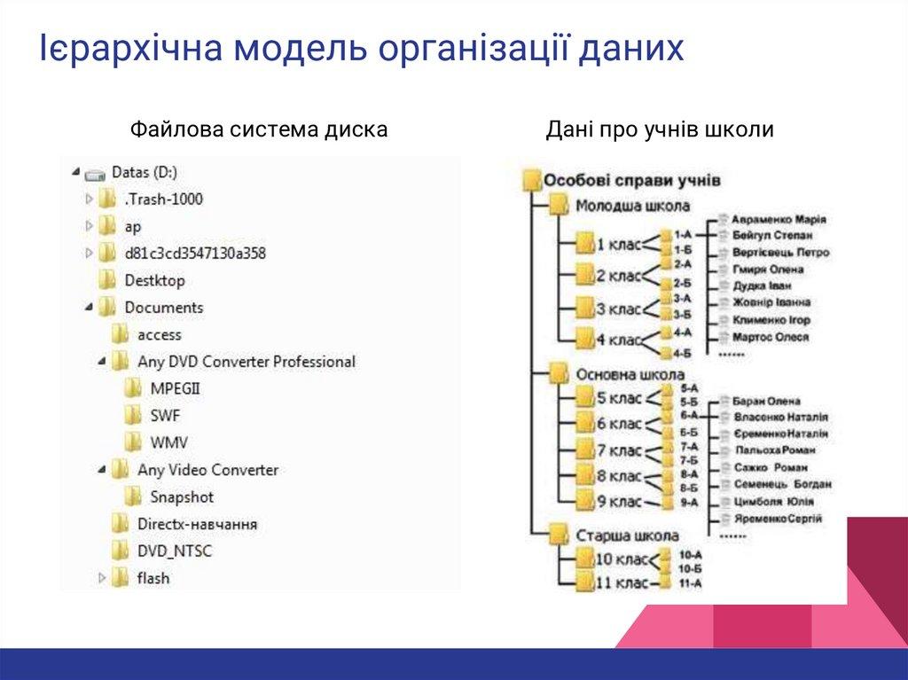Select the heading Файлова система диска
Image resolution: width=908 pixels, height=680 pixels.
coord(259,130)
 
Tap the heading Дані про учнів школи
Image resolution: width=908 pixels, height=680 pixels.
coord(660,130)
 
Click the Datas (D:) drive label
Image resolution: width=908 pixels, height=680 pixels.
coord(144,172)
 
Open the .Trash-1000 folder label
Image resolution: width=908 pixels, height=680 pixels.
coord(163,199)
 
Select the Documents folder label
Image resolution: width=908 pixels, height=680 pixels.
coord(163,308)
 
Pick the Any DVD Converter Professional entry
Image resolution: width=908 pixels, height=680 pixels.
coord(246,362)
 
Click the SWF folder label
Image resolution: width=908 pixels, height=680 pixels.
coord(165,416)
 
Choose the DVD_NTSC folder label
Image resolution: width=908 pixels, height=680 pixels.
coord(174,551)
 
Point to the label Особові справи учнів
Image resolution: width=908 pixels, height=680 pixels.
coord(632,180)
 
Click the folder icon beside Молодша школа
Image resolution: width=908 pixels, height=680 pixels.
coord(559,206)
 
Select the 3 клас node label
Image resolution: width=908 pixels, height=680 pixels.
coord(619,309)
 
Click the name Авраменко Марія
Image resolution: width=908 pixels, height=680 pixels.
coord(779,219)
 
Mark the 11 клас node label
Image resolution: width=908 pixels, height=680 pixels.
coord(618,584)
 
